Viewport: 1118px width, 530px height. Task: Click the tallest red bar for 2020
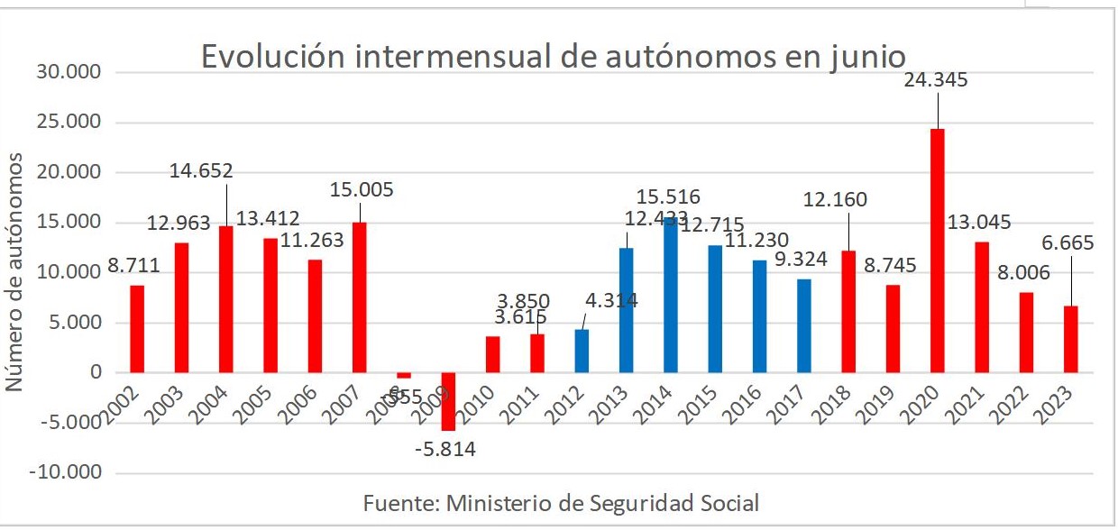[937, 250]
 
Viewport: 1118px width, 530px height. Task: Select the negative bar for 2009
[448, 401]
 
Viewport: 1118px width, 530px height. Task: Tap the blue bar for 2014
[670, 295]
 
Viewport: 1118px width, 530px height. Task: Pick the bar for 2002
[137, 328]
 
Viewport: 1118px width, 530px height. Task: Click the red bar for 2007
[359, 297]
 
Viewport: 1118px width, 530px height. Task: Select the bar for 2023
[1070, 339]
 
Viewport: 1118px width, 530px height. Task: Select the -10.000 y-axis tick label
[65, 472]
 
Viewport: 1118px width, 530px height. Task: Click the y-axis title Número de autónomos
[14, 272]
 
